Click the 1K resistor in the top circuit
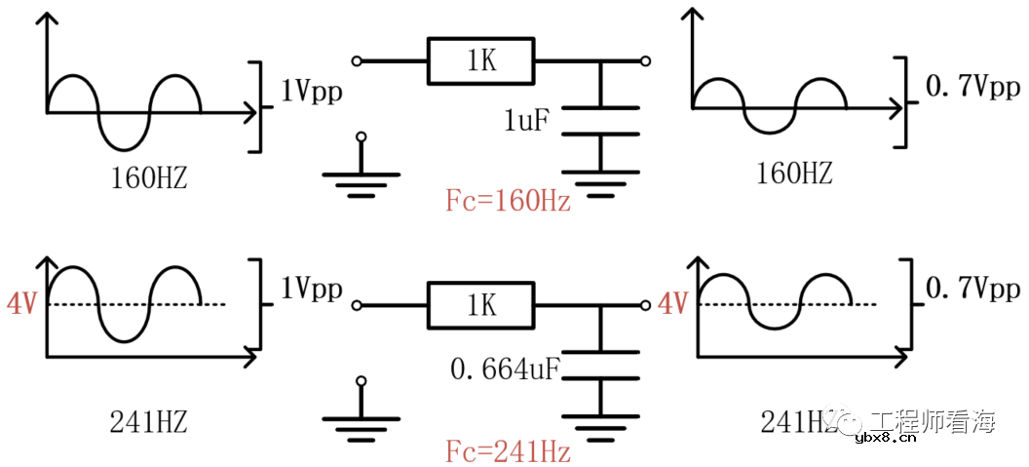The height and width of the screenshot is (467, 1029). pos(481,61)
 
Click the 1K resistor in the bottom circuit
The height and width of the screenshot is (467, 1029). pos(481,305)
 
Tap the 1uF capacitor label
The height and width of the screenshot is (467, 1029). pos(527,122)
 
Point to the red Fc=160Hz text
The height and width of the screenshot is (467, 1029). pos(508,203)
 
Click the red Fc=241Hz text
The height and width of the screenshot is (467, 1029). pos(508,451)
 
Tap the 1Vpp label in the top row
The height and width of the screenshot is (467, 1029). pos(311,93)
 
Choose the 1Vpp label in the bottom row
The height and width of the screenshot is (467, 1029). pos(311,290)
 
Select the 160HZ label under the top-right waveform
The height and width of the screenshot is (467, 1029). pos(794,175)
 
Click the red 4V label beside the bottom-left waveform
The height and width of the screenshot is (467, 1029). pos(21,305)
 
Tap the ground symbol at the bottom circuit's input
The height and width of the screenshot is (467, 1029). pos(362,422)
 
